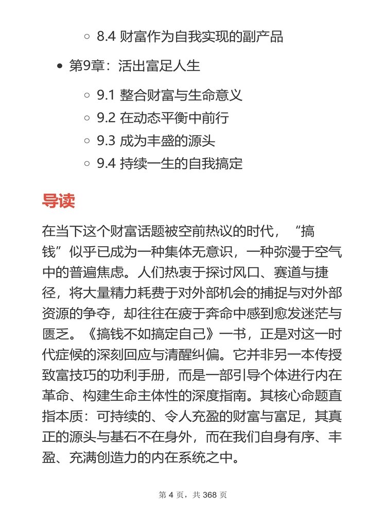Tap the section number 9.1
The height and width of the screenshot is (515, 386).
(x=106, y=95)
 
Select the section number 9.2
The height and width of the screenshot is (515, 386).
(x=106, y=118)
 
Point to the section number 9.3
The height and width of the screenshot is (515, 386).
(x=106, y=141)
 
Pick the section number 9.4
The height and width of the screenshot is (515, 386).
(x=106, y=164)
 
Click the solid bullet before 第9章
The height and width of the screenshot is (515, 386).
(x=61, y=66)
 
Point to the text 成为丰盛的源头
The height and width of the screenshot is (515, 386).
(x=167, y=141)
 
